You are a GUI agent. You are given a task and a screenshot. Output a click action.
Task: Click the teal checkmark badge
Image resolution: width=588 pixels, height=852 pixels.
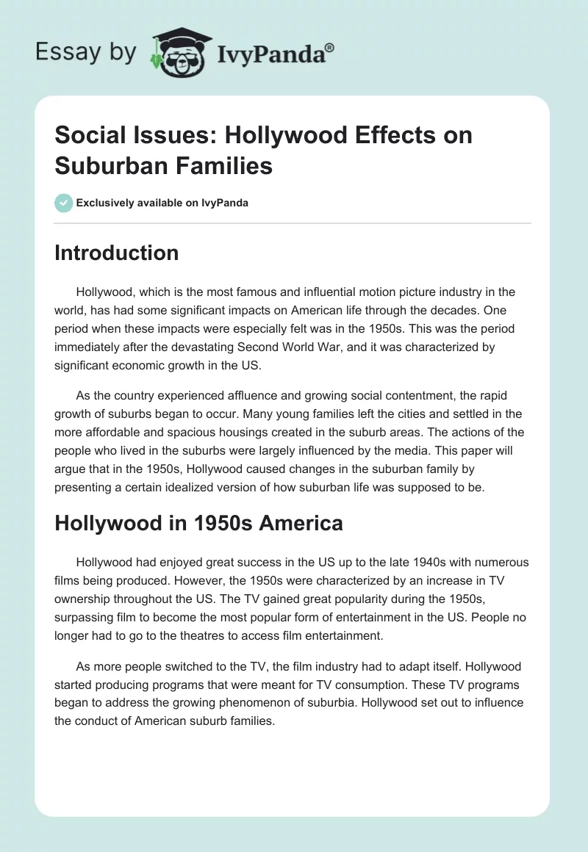pyautogui.click(x=63, y=203)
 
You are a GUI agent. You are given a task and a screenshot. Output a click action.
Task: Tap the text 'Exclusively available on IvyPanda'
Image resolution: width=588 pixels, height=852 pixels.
pyautogui.click(x=162, y=203)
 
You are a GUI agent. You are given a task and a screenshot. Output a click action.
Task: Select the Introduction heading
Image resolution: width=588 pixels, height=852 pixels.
pyautogui.click(x=116, y=253)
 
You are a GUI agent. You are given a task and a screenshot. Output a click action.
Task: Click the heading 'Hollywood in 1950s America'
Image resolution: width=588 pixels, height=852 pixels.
pyautogui.click(x=198, y=523)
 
